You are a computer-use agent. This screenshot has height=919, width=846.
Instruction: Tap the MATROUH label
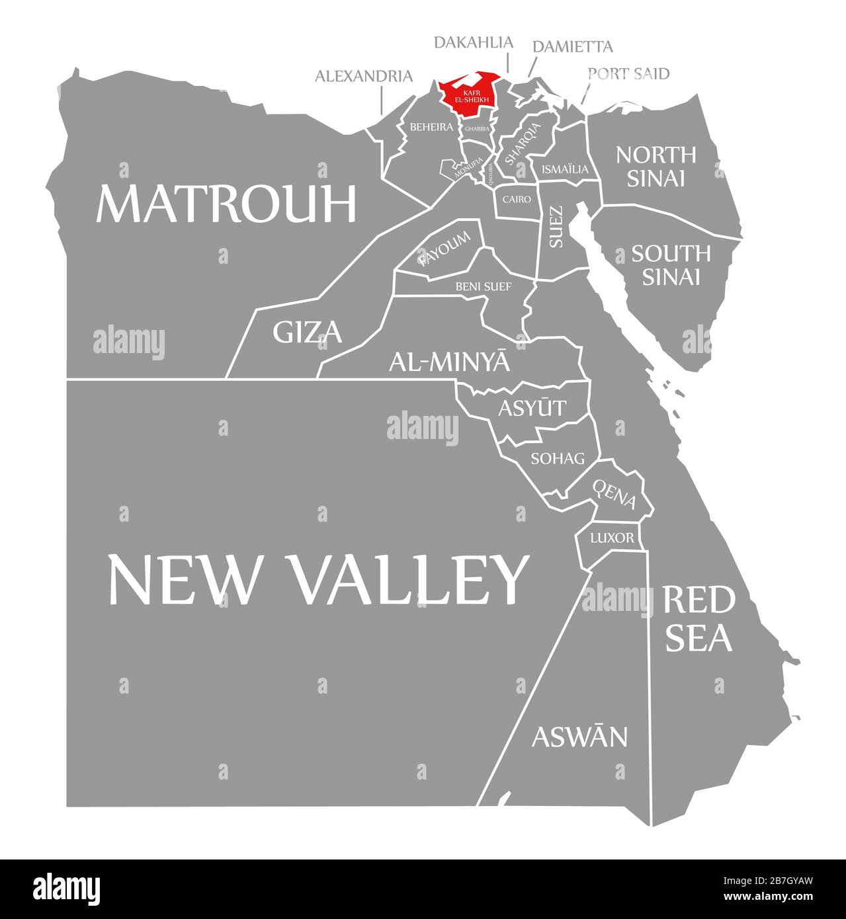[x=226, y=204]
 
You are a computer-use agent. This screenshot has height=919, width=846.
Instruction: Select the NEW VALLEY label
[x=318, y=579]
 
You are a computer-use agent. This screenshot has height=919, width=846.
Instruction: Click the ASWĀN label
[x=579, y=736]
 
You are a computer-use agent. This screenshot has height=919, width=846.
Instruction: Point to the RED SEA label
[x=698, y=618]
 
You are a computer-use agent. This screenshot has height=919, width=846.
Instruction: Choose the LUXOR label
[x=612, y=538]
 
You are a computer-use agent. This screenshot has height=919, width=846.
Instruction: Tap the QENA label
[x=614, y=495]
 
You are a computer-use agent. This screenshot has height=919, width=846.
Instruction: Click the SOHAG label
[x=558, y=458]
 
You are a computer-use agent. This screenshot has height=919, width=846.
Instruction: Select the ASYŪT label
[x=532, y=408]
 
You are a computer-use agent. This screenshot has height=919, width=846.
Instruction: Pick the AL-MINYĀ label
[x=449, y=361]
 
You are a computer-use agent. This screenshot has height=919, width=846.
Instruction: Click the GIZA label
[x=307, y=332]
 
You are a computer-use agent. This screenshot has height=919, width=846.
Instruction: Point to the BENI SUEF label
[x=483, y=286]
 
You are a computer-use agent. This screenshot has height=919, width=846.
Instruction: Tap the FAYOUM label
[x=444, y=249]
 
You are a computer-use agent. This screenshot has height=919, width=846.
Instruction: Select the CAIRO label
[x=517, y=198]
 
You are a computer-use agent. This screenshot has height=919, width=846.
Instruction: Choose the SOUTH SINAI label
[x=671, y=264]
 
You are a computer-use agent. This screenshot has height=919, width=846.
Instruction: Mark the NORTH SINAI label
[x=656, y=166]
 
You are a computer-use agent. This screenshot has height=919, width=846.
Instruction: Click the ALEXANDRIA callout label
[x=363, y=76]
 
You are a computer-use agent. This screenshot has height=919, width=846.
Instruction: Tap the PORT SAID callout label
[x=628, y=73]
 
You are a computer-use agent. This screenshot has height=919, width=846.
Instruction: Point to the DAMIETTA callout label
[x=572, y=46]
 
